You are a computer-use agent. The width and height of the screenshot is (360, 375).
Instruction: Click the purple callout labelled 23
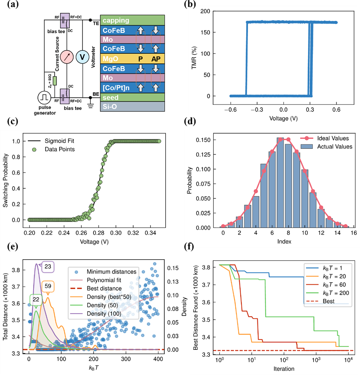click(48, 267)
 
